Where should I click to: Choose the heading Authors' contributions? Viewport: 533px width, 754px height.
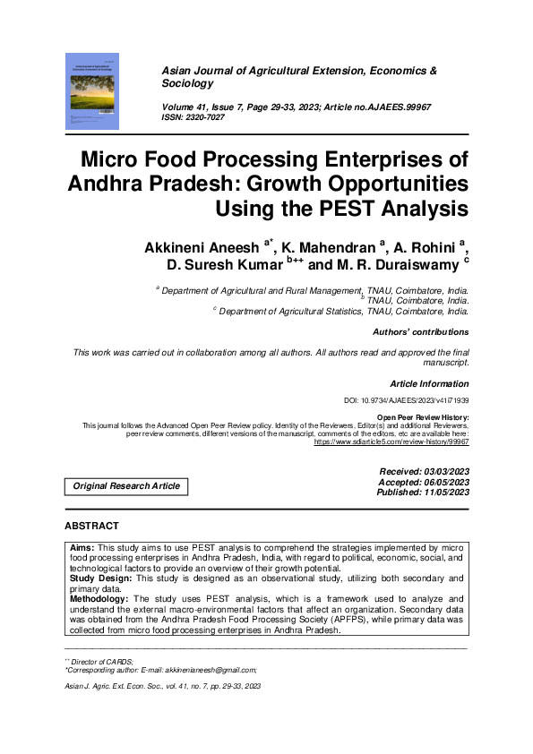(x=420, y=332)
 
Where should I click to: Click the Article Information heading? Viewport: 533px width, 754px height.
(x=429, y=384)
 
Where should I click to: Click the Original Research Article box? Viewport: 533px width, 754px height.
(x=125, y=486)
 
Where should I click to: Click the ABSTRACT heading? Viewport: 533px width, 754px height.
(x=91, y=526)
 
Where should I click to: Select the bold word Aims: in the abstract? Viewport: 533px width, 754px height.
(x=82, y=546)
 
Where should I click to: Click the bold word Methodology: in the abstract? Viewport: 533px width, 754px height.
(x=100, y=598)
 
